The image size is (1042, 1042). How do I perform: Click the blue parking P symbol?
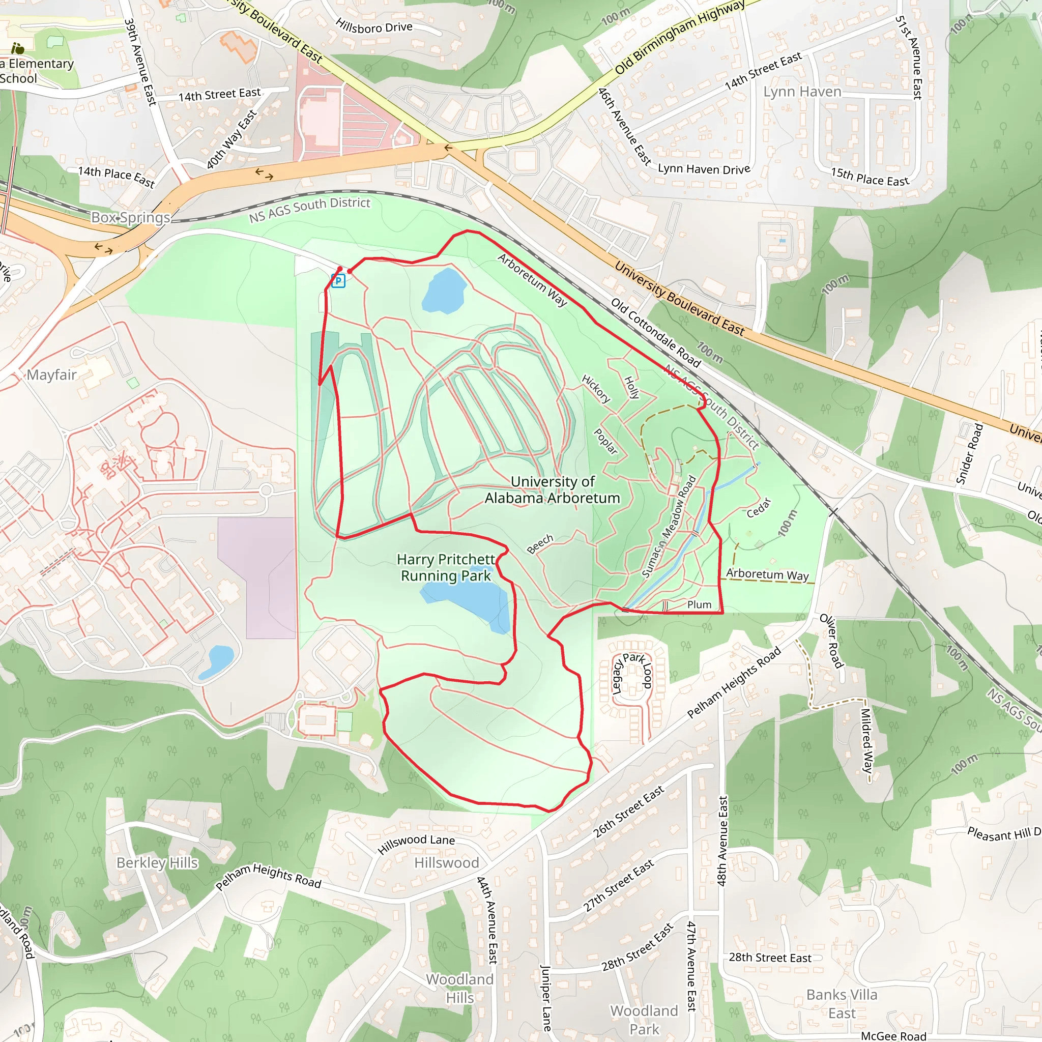(x=338, y=280)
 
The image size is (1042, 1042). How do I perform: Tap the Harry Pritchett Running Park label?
(x=446, y=567)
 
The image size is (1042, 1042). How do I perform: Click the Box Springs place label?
(x=131, y=217)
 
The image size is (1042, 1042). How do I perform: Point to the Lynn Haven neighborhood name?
(x=802, y=92)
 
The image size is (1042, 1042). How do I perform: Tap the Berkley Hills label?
(x=157, y=863)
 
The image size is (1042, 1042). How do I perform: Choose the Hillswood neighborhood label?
(x=447, y=863)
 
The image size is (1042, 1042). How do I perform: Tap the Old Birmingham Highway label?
(x=680, y=37)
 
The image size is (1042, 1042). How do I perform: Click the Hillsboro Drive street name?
(x=374, y=26)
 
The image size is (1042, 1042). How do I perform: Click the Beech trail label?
(x=540, y=544)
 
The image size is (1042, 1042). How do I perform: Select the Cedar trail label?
(x=759, y=508)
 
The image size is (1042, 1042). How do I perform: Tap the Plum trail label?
(x=699, y=604)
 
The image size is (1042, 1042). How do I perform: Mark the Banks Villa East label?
(x=842, y=1004)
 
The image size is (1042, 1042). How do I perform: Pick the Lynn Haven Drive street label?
(x=704, y=169)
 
